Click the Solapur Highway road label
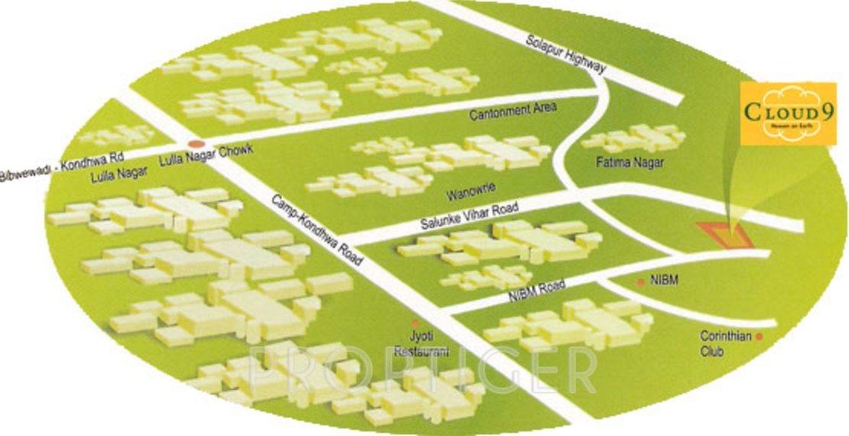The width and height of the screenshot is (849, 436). tap(565, 54)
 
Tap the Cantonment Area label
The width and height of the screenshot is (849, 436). tap(513, 112)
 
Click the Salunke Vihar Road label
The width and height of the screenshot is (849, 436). tap(469, 216)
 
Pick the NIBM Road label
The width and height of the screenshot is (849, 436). tap(535, 291)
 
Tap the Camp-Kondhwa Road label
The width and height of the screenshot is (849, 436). tap(315, 230)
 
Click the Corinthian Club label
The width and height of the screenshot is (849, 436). tap(723, 343)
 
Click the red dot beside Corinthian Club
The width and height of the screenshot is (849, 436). tap(760, 336)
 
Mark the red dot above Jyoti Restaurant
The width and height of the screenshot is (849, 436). tap(415, 324)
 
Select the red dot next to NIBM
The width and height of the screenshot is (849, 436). tap(641, 283)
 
